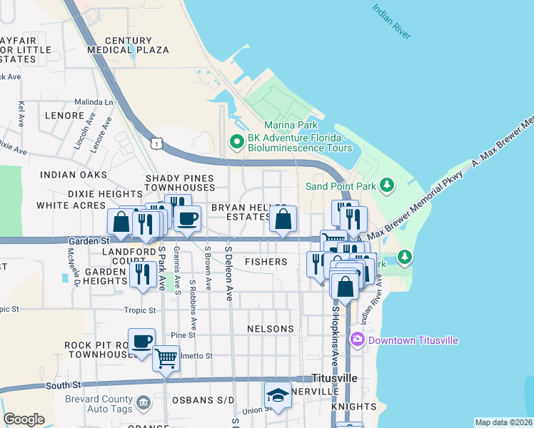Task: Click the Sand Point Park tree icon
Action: (387, 186)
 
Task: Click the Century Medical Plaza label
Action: (129, 46)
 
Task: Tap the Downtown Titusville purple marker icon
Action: (358, 340)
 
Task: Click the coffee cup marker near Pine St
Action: (141, 341)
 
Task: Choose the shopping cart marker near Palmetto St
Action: (166, 358)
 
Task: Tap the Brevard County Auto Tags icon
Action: (143, 404)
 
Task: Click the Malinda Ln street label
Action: (94, 103)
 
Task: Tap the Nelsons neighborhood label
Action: (270, 329)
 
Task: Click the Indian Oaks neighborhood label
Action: (74, 175)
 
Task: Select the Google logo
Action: (24, 419)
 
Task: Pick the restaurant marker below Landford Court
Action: (143, 274)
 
